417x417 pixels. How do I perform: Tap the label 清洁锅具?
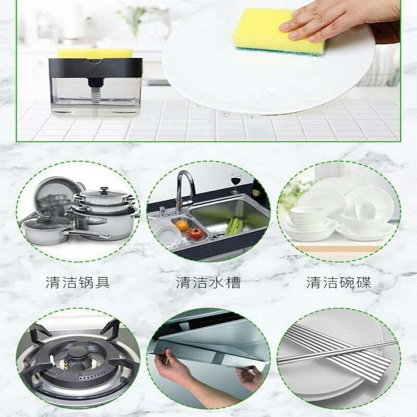coord(78,283)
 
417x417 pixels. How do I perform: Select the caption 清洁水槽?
coord(208,283)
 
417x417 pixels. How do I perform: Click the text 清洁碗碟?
coord(338,283)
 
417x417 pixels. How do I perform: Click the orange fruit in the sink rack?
coord(181,225)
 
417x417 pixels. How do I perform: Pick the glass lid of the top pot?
coord(102,195)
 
